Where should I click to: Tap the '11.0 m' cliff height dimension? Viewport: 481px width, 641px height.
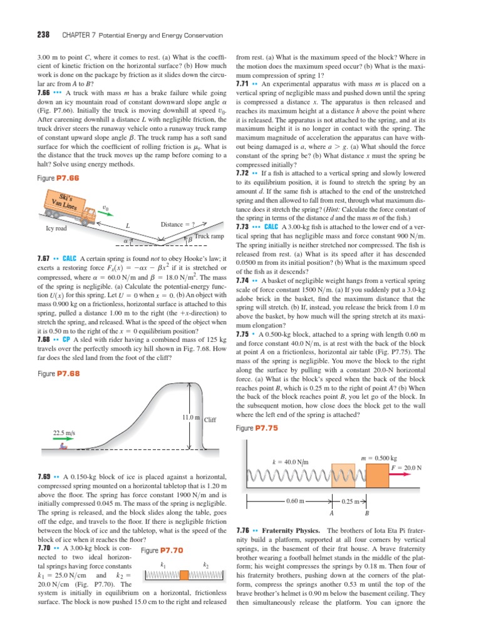(190, 418)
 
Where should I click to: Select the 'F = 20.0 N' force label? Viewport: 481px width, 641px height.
(406, 467)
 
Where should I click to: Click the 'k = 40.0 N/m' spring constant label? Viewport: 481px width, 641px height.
(291, 462)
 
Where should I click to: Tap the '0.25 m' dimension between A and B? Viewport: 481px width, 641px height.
(349, 501)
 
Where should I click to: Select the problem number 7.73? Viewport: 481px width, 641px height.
(244, 226)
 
